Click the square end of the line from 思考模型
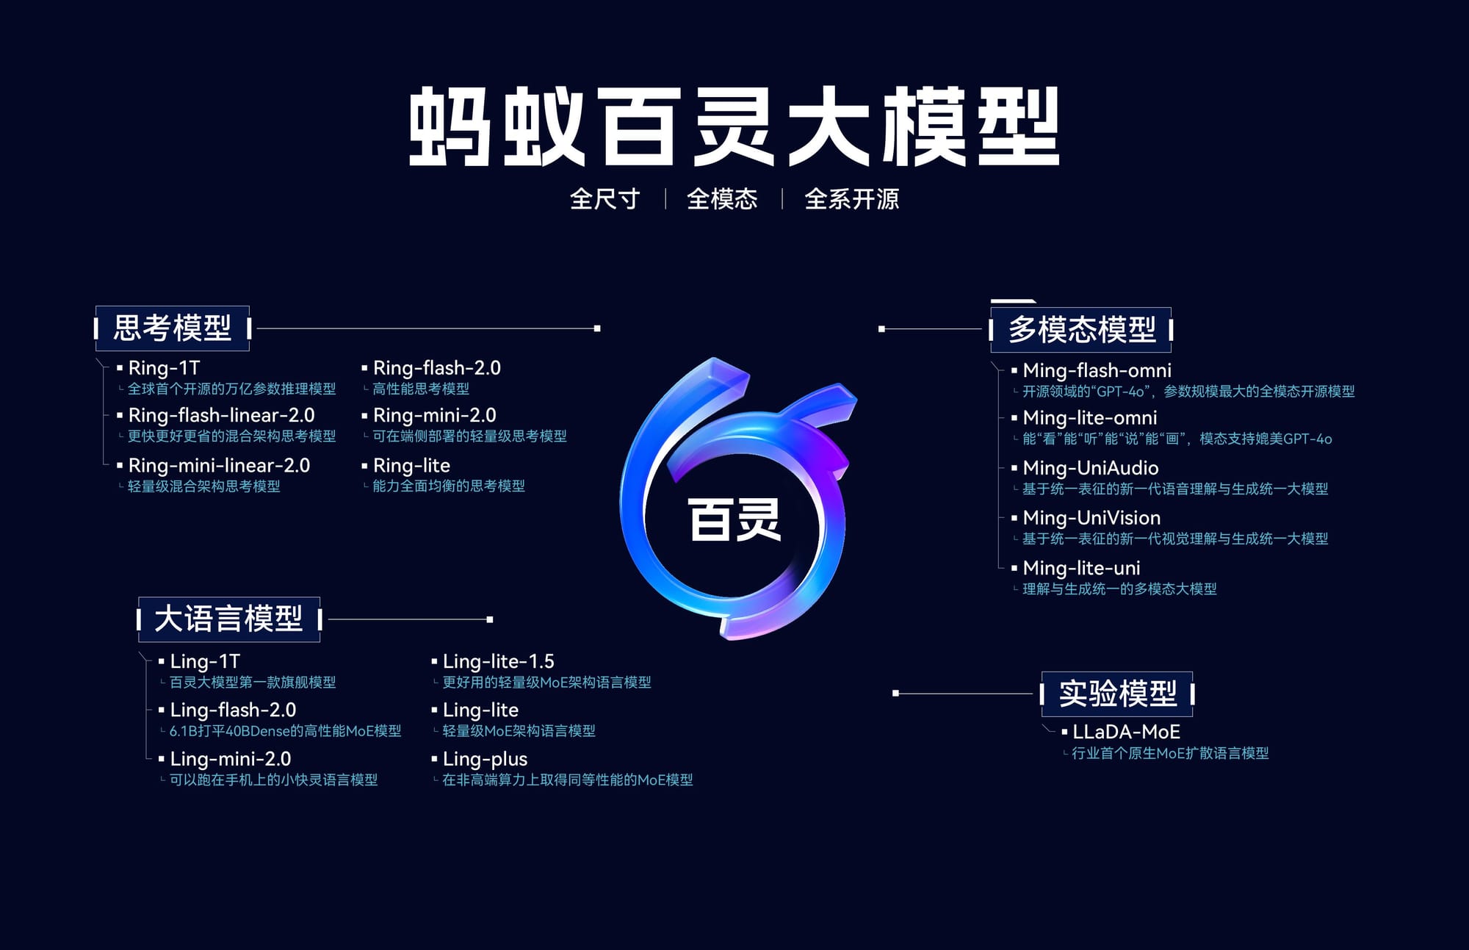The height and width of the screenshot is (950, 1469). pyautogui.click(x=597, y=328)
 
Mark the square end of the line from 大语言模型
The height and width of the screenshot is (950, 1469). pyautogui.click(x=490, y=619)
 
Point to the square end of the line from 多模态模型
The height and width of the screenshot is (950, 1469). pyautogui.click(x=881, y=329)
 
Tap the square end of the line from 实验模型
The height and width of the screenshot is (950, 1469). pyautogui.click(x=895, y=693)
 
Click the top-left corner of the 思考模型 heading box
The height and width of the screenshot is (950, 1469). pyautogui.click(x=95, y=306)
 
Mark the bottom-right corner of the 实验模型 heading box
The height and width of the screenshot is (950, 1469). pyautogui.click(x=1193, y=716)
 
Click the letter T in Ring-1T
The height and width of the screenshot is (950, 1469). pyautogui.click(x=193, y=367)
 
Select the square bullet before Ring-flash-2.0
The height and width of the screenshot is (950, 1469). pyautogui.click(x=364, y=367)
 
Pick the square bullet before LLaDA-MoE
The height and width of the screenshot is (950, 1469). pyautogui.click(x=1064, y=732)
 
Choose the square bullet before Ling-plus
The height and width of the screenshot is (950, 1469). pyautogui.click(x=434, y=759)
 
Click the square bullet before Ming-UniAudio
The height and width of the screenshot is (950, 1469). pyautogui.click(x=1014, y=467)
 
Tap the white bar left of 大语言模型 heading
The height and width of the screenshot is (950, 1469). pyautogui.click(x=139, y=619)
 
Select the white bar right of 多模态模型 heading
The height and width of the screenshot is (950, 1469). pyautogui.click(x=1171, y=330)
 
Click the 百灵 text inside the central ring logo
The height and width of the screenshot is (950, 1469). pyautogui.click(x=734, y=519)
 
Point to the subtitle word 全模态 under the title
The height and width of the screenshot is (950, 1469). pyautogui.click(x=722, y=199)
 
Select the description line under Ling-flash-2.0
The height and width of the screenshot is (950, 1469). pyautogui.click(x=285, y=731)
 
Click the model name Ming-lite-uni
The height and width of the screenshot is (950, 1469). pyautogui.click(x=1081, y=568)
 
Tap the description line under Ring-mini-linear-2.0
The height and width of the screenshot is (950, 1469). pyautogui.click(x=203, y=486)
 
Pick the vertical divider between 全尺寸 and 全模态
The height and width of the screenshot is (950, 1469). pyautogui.click(x=665, y=198)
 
